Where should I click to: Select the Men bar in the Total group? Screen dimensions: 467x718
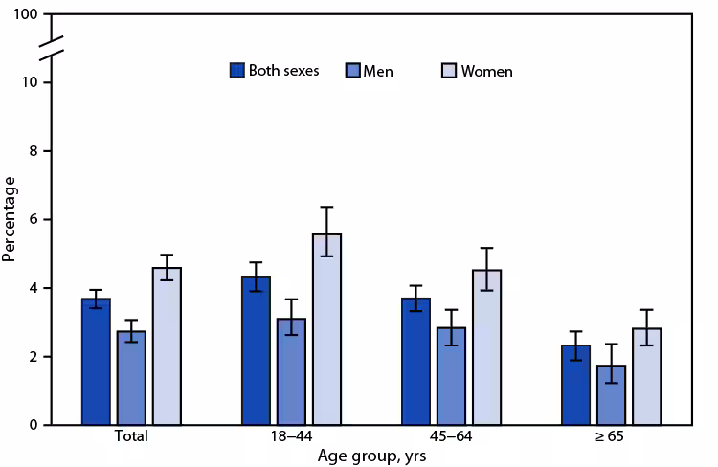pos(131,378)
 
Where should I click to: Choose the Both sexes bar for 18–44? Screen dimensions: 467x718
pos(256,350)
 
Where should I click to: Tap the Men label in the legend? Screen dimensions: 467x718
pos(377,71)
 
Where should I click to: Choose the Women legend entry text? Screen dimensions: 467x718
pos(486,71)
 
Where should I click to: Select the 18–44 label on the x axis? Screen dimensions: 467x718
pos(291,438)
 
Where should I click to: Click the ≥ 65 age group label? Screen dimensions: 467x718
pos(610,438)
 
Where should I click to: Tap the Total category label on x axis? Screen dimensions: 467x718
pos(131,438)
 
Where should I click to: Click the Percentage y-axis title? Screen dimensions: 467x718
pos(11,219)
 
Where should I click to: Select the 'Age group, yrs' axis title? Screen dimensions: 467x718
pos(370,456)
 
